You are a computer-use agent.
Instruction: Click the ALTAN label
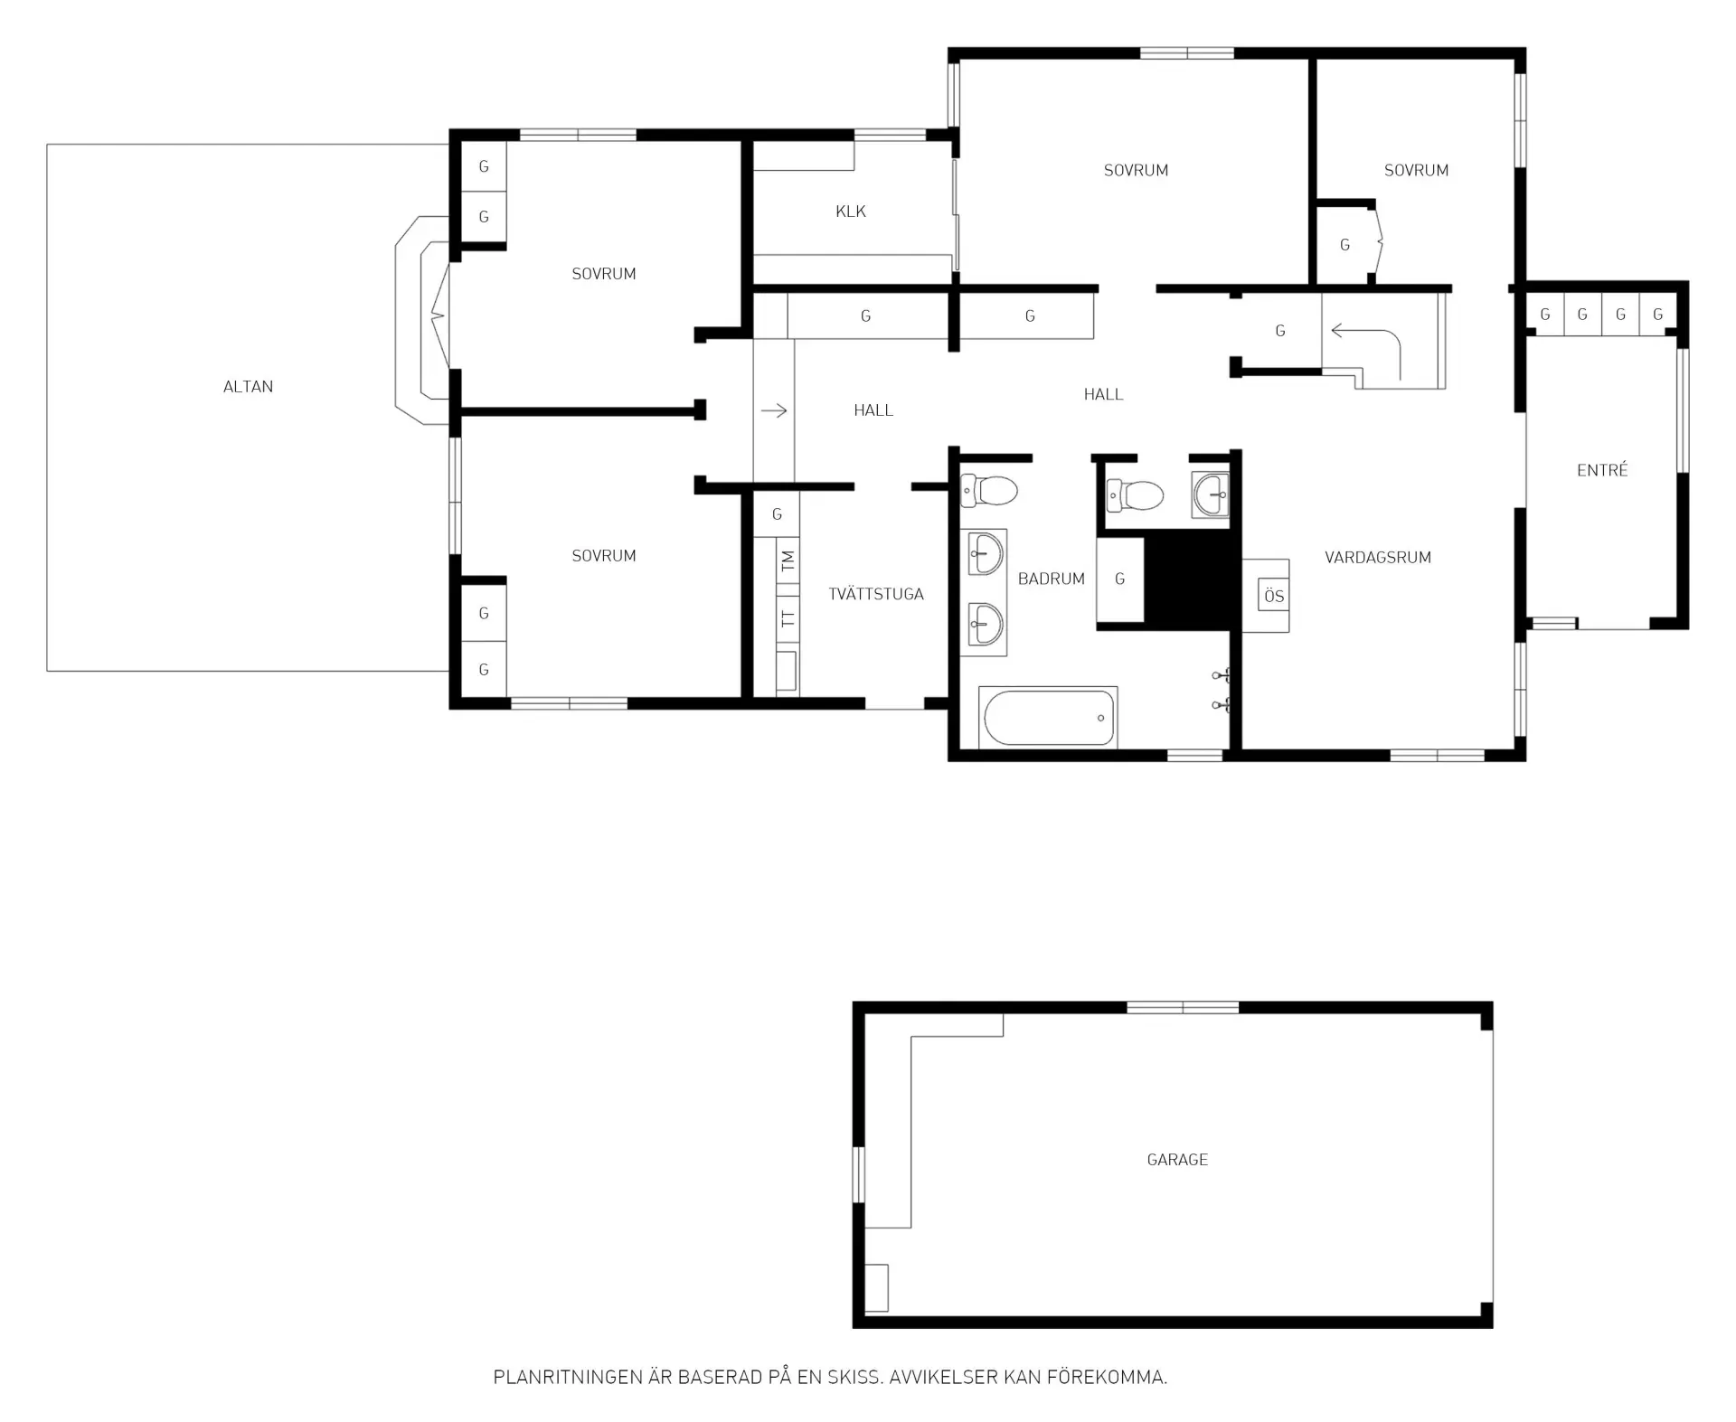tap(248, 387)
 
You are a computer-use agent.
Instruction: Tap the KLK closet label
tap(851, 212)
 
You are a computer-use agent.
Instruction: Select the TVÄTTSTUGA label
tap(876, 594)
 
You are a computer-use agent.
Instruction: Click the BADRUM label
tap(1051, 579)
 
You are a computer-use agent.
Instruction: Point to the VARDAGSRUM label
tap(1378, 558)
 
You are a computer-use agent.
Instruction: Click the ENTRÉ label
tap(1602, 470)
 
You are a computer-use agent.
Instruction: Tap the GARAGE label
tap(1177, 1160)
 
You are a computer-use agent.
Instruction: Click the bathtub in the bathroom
tap(1048, 718)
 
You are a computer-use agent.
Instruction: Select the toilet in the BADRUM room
tap(988, 491)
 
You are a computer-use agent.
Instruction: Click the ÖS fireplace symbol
tap(1274, 596)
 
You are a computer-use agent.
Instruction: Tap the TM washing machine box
tap(788, 560)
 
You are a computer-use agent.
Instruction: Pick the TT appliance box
tap(788, 619)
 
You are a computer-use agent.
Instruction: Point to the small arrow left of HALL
tap(774, 411)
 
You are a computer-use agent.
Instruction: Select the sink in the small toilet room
tap(1211, 494)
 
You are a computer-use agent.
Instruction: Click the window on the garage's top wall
tap(1183, 1007)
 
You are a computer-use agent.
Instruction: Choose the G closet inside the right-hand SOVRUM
tap(1344, 245)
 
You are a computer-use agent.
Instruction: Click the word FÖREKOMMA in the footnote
tap(1108, 1378)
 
